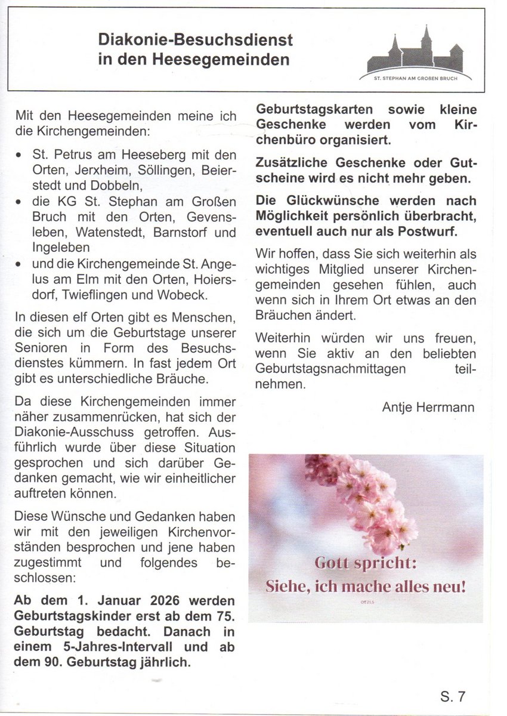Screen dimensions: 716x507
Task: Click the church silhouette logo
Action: point(416,53)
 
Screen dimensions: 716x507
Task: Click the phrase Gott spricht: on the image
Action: point(366,563)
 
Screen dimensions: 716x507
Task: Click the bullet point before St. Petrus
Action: point(20,154)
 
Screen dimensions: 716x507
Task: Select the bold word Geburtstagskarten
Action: point(305,110)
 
